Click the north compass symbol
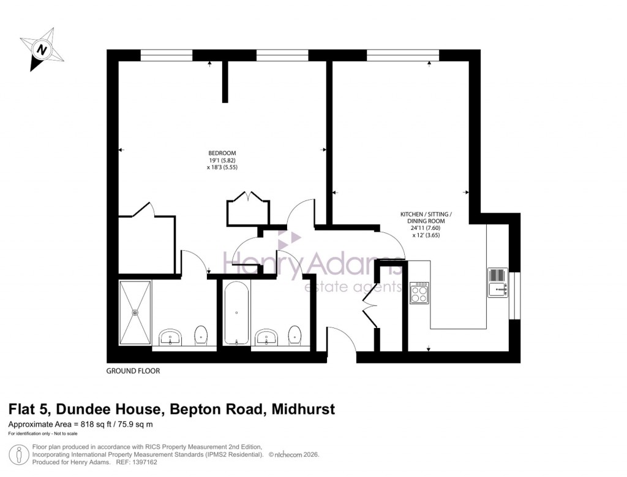pyautogui.click(x=41, y=48)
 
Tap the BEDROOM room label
pyautogui.click(x=222, y=153)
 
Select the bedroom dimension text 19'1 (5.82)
pyautogui.click(x=222, y=161)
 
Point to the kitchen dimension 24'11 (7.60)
pyautogui.click(x=426, y=228)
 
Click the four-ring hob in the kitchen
pyautogui.click(x=419, y=293)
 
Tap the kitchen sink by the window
pyautogui.click(x=497, y=283)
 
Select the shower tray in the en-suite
pyautogui.click(x=135, y=312)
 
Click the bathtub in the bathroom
pyautogui.click(x=236, y=313)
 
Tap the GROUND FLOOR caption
pyautogui.click(x=133, y=371)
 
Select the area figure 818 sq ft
pyautogui.click(x=92, y=424)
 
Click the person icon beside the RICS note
pyautogui.click(x=20, y=454)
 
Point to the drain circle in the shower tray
pyautogui.click(x=135, y=312)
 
